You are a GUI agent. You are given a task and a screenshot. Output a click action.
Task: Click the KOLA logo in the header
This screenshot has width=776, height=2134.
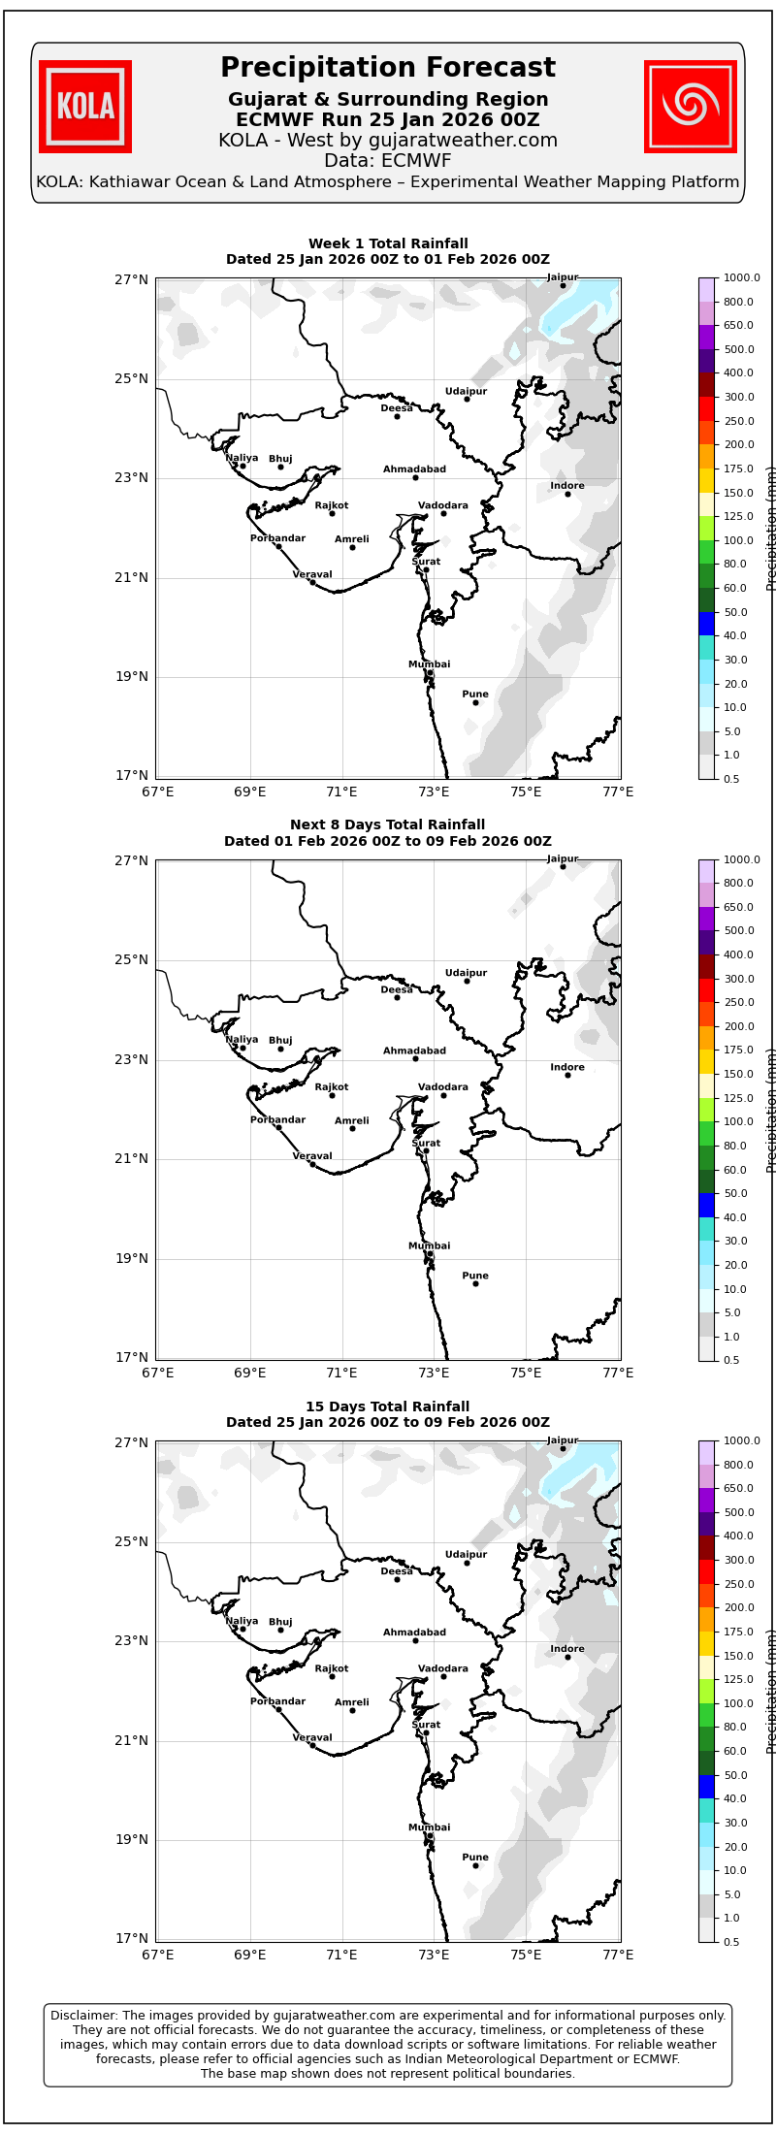click(85, 107)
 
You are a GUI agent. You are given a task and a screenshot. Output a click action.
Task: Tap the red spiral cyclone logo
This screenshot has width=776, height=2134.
click(691, 107)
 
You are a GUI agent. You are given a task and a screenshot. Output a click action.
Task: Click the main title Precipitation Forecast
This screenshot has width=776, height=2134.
click(388, 68)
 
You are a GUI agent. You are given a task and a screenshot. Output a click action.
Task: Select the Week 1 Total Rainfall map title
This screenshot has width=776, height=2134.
click(388, 244)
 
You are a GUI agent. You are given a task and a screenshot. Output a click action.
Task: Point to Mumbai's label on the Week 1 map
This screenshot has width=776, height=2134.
click(429, 664)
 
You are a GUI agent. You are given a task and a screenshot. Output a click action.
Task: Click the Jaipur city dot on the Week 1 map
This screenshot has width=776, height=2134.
click(563, 285)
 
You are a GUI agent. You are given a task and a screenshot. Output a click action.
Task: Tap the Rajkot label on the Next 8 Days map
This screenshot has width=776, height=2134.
click(332, 1087)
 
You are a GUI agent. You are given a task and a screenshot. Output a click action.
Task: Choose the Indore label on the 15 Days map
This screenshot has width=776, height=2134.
click(567, 1649)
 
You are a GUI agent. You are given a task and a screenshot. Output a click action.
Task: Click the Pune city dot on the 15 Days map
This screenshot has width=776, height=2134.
click(475, 1865)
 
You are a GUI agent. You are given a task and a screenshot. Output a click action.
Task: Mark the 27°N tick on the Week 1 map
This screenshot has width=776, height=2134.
click(132, 279)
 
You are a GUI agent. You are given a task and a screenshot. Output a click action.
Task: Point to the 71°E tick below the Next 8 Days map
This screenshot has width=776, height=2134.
click(341, 1373)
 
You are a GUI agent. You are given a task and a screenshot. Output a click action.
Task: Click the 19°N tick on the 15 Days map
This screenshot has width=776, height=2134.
click(132, 1839)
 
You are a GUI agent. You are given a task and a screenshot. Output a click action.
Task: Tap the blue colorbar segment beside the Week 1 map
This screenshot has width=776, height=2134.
click(706, 624)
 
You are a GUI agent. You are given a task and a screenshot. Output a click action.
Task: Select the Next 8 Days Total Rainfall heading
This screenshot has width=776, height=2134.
click(388, 825)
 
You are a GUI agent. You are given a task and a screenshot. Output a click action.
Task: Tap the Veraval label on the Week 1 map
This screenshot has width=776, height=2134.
click(312, 574)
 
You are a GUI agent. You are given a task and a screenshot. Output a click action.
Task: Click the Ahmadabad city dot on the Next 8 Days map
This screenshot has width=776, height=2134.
click(415, 1058)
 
